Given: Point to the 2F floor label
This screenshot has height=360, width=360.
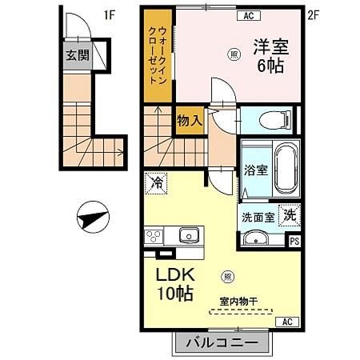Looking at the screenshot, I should coord(314,14).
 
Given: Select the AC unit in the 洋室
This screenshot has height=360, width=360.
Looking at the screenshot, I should coord(247,14).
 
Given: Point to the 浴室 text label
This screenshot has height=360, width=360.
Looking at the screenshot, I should coord(254,170).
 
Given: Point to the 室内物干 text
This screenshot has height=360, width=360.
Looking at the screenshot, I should coord(239,301).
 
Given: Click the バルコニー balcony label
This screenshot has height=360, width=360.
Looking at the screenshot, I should coord(222,342).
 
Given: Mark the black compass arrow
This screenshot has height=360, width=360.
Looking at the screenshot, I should coord(91,216).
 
